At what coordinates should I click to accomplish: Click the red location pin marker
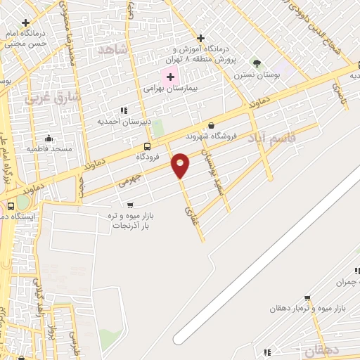point(181,165)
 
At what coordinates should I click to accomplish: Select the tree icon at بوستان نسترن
point(257,62)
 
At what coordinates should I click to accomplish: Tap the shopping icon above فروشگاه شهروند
point(211,126)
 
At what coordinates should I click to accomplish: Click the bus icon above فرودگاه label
point(146,146)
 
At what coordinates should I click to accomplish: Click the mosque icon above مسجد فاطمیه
point(48,138)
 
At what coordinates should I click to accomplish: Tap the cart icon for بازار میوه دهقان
point(307,297)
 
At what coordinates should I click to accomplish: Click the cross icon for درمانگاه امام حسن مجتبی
point(26,23)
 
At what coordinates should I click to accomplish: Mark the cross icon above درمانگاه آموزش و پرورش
point(201,37)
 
